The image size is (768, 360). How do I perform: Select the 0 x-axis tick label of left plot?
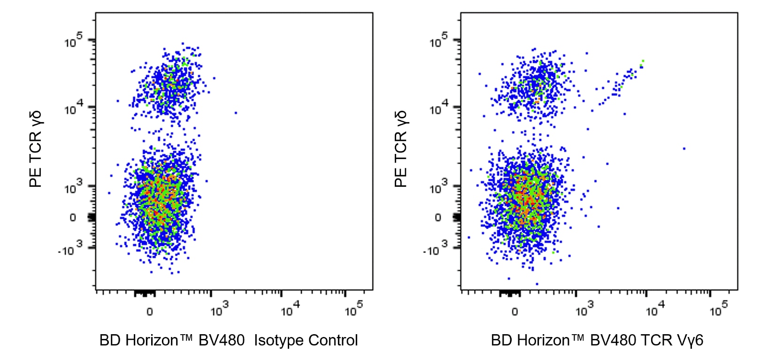pos(149,312)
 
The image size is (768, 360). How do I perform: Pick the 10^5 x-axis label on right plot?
pos(718,309)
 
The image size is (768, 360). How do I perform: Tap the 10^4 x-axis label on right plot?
pos(654,309)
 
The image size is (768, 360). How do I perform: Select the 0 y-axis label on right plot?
pos(438,218)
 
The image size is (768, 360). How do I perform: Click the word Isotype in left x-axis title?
pos(278,340)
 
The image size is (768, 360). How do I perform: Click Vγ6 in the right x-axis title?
pos(690,340)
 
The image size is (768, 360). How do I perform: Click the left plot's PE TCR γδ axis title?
pos(36,149)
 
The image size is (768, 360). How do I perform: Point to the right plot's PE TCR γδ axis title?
pos(401,149)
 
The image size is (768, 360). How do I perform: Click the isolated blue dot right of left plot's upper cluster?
pos(236,113)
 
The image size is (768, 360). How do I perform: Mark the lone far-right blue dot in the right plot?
pos(684,149)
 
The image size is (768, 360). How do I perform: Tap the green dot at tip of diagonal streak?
pos(643,61)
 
